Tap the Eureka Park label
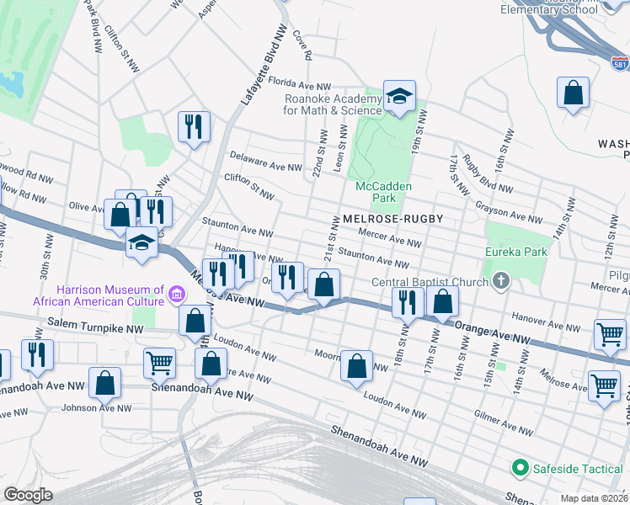click(515, 252)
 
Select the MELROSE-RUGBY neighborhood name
click(392, 219)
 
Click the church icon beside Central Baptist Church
click(501, 280)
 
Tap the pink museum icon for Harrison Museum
click(177, 294)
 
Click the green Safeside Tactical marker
click(520, 467)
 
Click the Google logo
click(29, 495)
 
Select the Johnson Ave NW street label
click(97, 408)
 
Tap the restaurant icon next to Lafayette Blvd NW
click(194, 126)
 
